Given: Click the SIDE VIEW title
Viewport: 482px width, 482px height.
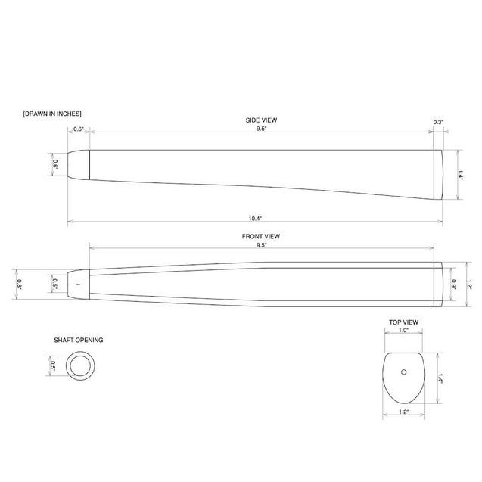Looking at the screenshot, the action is (261, 120).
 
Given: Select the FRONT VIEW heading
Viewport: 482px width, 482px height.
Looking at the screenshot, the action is (260, 236).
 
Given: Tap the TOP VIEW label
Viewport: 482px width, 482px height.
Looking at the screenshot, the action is (403, 322).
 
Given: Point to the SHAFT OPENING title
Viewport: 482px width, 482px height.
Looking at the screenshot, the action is (79, 340).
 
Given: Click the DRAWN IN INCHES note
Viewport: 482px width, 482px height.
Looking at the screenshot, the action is (52, 114).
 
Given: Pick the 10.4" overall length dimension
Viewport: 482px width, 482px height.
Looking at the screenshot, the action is (255, 219).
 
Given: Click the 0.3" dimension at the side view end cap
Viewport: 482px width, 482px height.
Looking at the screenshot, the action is (438, 122).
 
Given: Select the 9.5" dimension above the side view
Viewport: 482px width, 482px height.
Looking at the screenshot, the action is (262, 129).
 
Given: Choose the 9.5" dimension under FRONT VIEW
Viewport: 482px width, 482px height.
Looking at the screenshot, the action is (262, 245).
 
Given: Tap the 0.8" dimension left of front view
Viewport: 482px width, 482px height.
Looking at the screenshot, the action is (20, 285).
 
